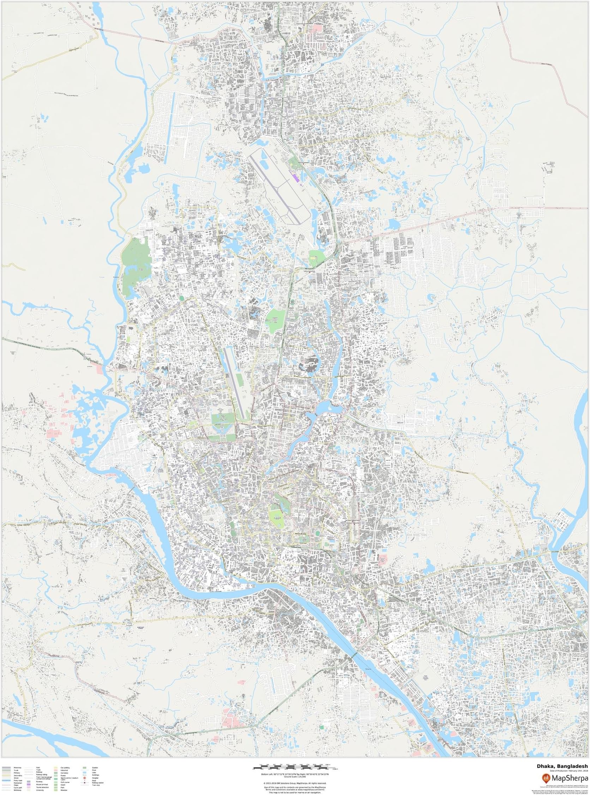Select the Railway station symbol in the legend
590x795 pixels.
click(x=85, y=783)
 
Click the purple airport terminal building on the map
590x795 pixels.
click(x=295, y=177)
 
